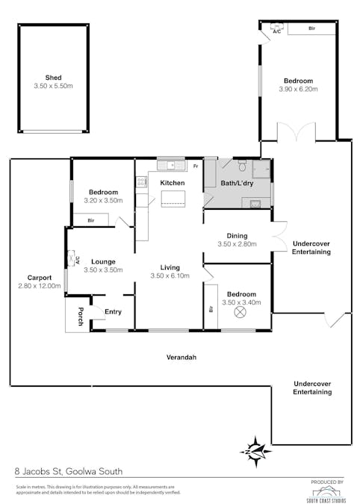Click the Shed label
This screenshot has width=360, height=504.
click(52, 78)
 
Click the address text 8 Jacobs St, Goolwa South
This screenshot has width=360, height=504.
click(69, 471)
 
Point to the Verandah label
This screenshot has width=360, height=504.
click(181, 358)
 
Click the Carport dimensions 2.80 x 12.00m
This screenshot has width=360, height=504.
click(39, 286)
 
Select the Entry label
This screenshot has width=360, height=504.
click(113, 312)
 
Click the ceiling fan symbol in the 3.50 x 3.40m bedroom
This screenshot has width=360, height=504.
click(241, 313)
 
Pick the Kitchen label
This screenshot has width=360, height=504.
click(173, 183)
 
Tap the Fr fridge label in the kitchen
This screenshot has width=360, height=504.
click(195, 166)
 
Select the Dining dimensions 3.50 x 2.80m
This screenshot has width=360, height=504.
click(237, 244)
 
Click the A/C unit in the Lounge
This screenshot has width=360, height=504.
click(72, 260)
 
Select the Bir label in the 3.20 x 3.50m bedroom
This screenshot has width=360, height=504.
click(90, 220)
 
